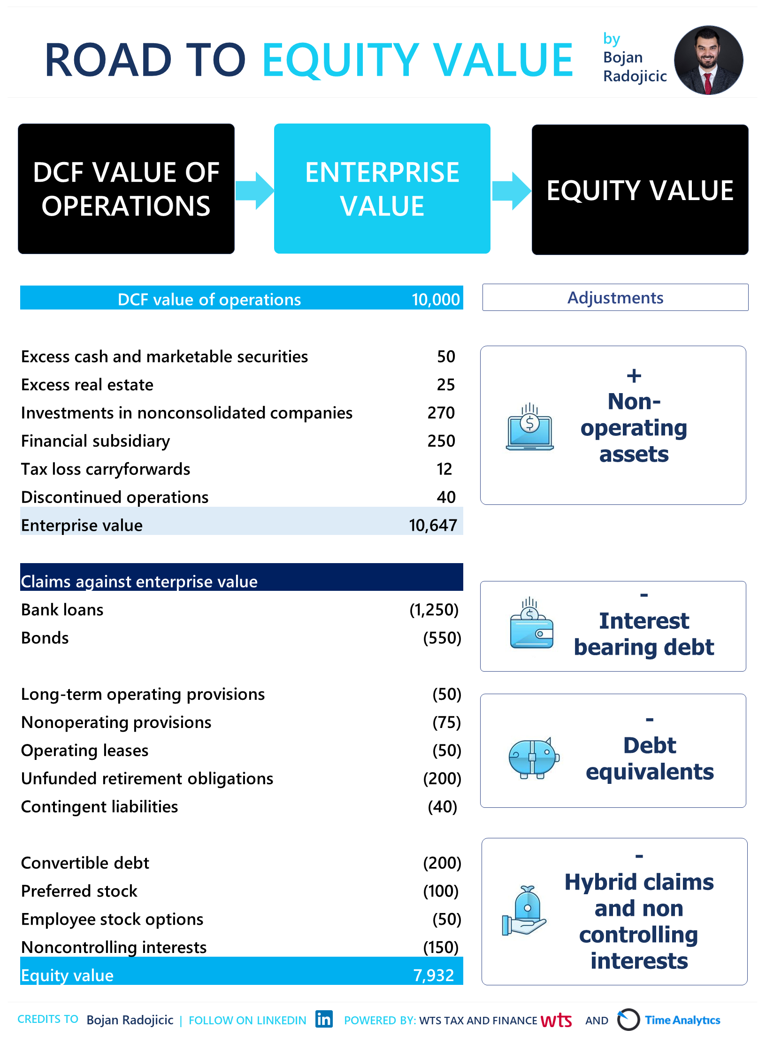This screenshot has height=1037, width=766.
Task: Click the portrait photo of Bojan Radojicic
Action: (x=708, y=60)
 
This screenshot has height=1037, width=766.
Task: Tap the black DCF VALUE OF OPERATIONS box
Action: (x=126, y=189)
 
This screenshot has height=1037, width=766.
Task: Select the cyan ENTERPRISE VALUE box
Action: (x=382, y=189)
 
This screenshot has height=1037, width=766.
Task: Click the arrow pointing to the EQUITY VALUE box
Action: (x=511, y=190)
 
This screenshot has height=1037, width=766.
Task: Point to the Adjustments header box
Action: (x=615, y=297)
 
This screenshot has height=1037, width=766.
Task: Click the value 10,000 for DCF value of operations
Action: (x=436, y=299)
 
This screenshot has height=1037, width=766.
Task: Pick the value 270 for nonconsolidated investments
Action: (x=441, y=413)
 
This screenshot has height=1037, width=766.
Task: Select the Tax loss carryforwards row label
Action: (x=106, y=469)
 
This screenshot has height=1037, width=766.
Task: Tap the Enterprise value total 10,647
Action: (x=433, y=525)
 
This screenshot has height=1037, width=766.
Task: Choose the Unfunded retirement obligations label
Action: (x=147, y=779)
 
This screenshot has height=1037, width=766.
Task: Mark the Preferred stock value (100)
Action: (x=441, y=891)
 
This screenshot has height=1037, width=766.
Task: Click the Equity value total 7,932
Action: (x=433, y=975)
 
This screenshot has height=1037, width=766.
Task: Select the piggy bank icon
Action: (x=534, y=757)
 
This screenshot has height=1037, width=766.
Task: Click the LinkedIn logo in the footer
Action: (x=324, y=1019)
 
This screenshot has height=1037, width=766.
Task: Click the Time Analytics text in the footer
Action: (x=682, y=1020)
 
